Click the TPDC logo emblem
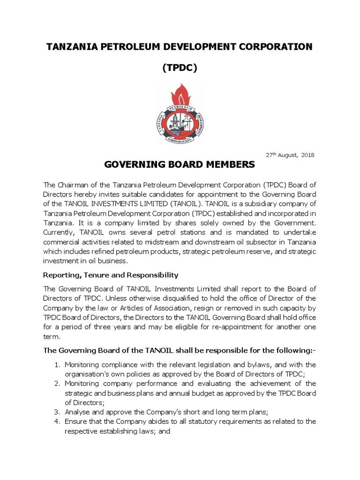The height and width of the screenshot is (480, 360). point(180,114)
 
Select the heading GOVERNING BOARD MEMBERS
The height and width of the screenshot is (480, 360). point(180,165)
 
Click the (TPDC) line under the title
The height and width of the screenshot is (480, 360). point(180,68)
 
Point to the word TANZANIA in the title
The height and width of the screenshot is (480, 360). point(71,46)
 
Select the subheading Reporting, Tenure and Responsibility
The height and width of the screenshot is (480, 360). point(110,274)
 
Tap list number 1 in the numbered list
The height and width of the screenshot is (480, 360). point(58,365)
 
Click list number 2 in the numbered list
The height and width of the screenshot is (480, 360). point(58,383)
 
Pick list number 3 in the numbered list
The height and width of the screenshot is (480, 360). point(58,412)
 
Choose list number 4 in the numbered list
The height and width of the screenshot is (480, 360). point(58,421)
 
